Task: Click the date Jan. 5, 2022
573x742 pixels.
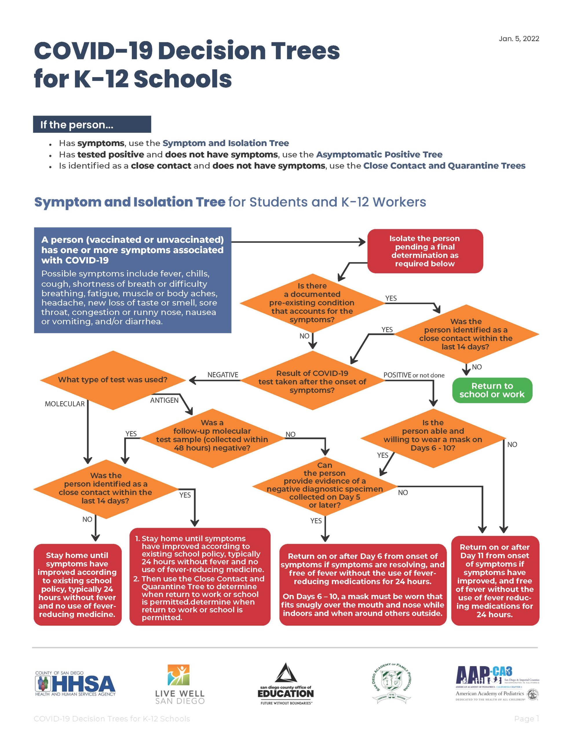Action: click(519, 39)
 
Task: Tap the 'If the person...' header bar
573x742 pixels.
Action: click(92, 124)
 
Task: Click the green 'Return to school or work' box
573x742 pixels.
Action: click(492, 390)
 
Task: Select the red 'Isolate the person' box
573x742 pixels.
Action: click(425, 251)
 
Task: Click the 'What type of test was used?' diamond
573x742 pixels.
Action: click(112, 380)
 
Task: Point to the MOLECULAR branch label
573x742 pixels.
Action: click(65, 404)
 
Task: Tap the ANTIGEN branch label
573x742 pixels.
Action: click(164, 401)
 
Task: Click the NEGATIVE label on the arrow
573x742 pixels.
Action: click(222, 375)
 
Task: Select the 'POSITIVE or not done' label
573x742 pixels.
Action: click(414, 375)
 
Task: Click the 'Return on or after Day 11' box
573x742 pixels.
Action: click(494, 581)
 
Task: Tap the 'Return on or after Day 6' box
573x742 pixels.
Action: click(362, 585)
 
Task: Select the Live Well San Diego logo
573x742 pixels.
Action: click(180, 685)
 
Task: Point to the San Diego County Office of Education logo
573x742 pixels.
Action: click(286, 684)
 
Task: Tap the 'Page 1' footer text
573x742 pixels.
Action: click(526, 719)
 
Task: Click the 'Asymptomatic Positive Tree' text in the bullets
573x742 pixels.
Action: click(379, 154)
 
